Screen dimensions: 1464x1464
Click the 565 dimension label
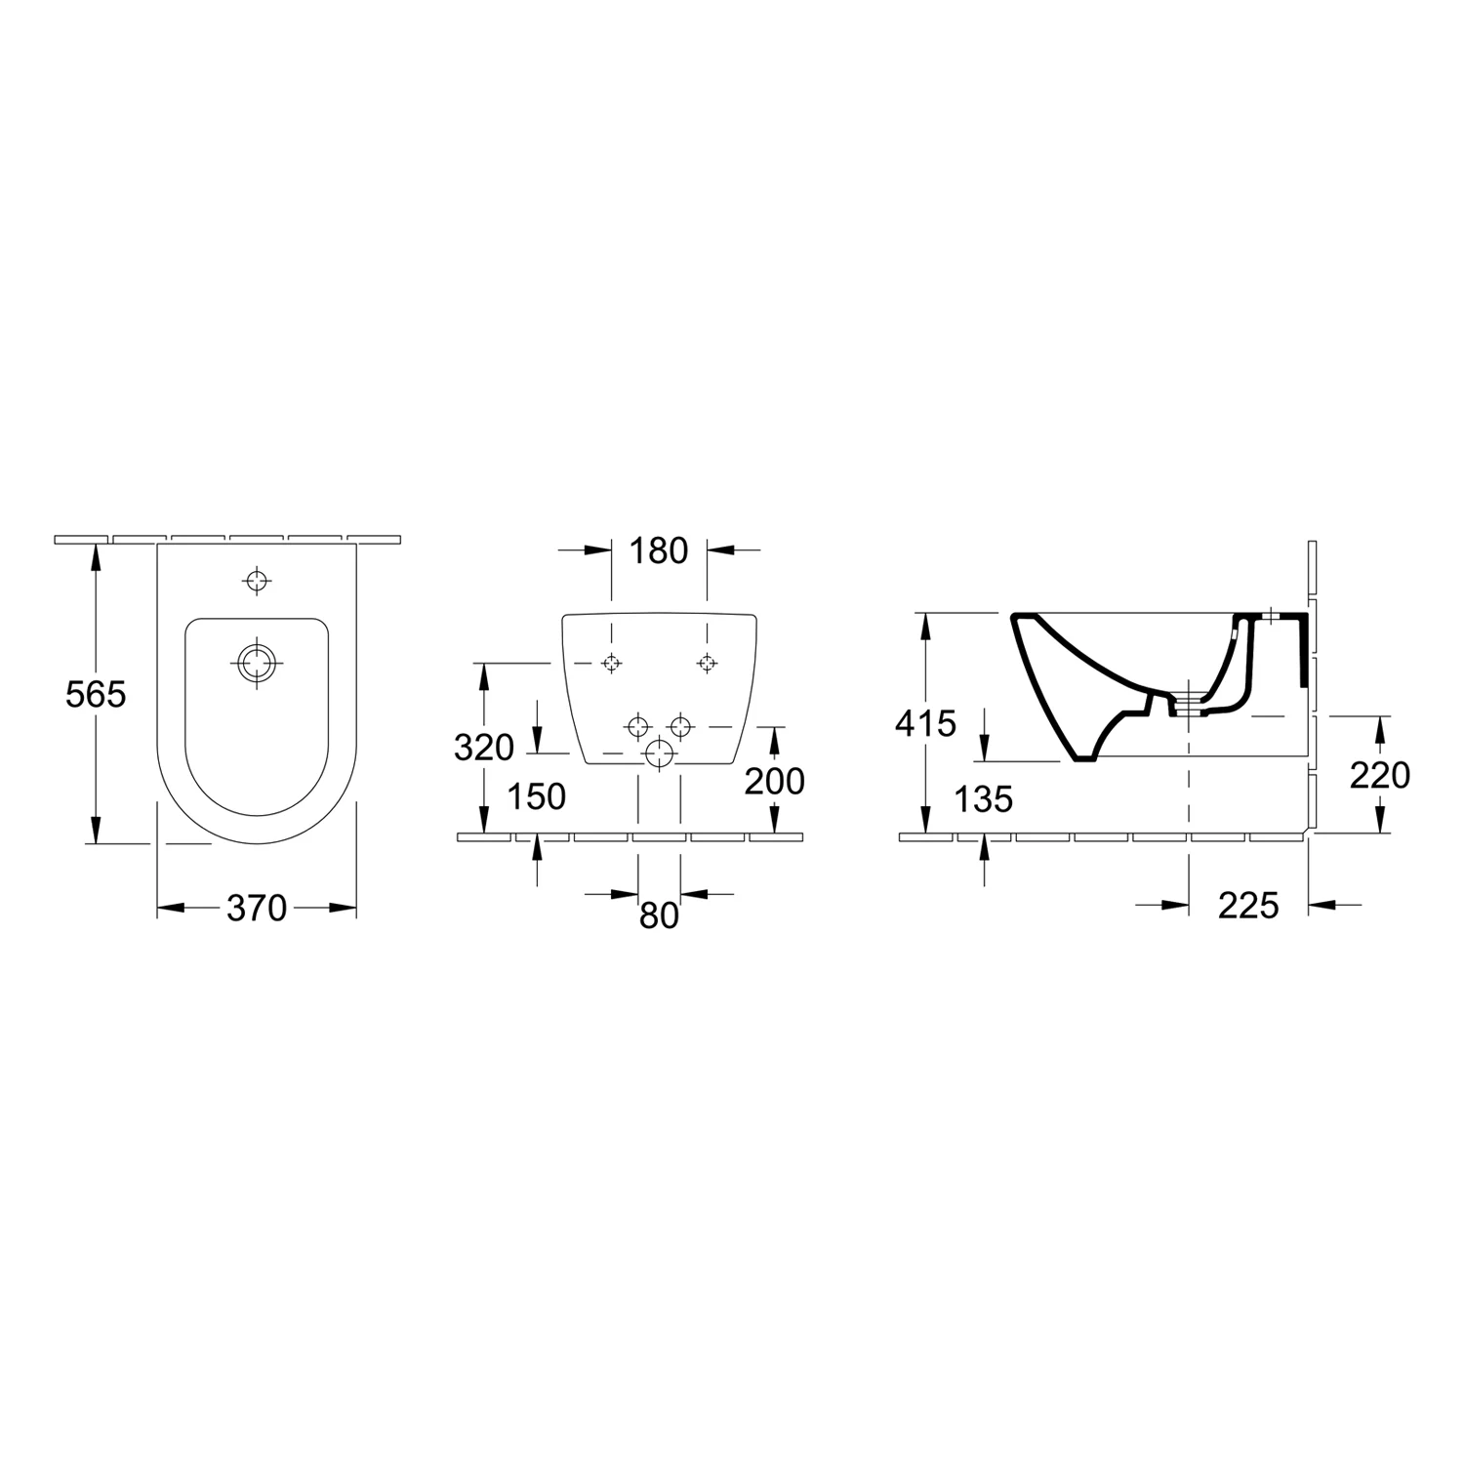click(x=96, y=694)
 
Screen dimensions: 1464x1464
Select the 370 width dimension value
click(x=257, y=909)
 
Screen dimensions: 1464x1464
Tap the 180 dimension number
click(x=659, y=551)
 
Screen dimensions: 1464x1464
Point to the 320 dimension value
click(x=484, y=748)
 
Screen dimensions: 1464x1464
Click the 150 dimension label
click(x=537, y=797)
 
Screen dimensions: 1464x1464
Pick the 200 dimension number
click(x=774, y=781)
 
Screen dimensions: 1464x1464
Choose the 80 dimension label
click(x=659, y=915)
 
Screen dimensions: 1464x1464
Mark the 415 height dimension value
click(x=926, y=724)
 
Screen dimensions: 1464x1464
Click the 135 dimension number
click(x=984, y=799)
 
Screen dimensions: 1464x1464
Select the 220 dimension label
click(x=1380, y=776)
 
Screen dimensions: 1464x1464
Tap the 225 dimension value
click(x=1248, y=906)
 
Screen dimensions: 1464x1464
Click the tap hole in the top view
click(x=257, y=581)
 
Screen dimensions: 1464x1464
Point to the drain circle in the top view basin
click(x=257, y=663)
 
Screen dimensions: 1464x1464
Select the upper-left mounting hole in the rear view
click(x=611, y=663)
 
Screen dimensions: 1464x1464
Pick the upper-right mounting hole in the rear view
click(x=707, y=663)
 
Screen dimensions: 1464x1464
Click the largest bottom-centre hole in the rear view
click(x=660, y=753)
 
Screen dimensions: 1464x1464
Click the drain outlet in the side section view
click(x=1189, y=705)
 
